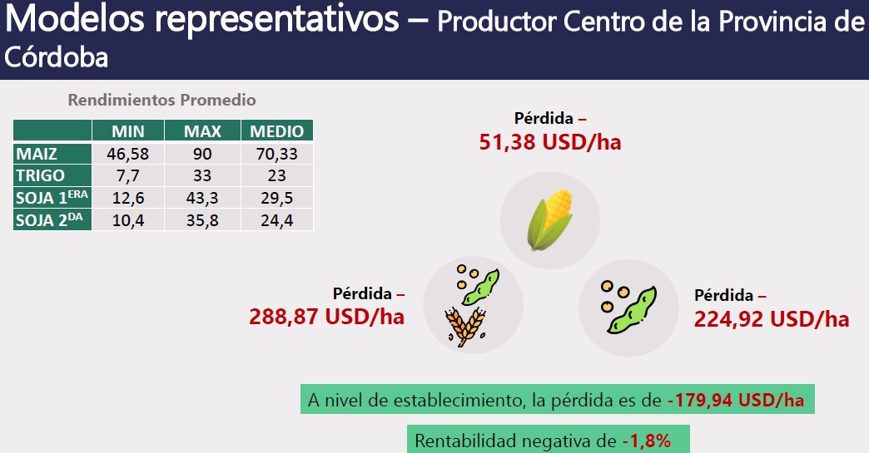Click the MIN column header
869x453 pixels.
(128, 131)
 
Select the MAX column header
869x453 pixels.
(202, 131)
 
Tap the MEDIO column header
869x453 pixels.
(277, 131)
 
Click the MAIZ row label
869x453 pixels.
(37, 153)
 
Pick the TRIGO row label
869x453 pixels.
(41, 175)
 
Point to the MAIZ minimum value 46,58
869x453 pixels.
(128, 154)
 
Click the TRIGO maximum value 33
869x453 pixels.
(202, 175)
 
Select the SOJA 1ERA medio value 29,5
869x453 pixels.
(277, 198)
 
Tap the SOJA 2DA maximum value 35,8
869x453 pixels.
(202, 220)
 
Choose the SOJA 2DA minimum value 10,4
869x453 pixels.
(128, 220)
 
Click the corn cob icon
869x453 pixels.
(549, 220)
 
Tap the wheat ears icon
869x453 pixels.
(465, 327)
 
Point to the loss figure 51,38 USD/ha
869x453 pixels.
(549, 142)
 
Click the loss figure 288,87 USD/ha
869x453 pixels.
(326, 317)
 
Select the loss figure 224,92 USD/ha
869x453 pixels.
(772, 319)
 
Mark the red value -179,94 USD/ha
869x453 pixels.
(736, 399)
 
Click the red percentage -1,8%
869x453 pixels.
(646, 441)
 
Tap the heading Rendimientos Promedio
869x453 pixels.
(161, 100)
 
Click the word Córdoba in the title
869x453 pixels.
(56, 57)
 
